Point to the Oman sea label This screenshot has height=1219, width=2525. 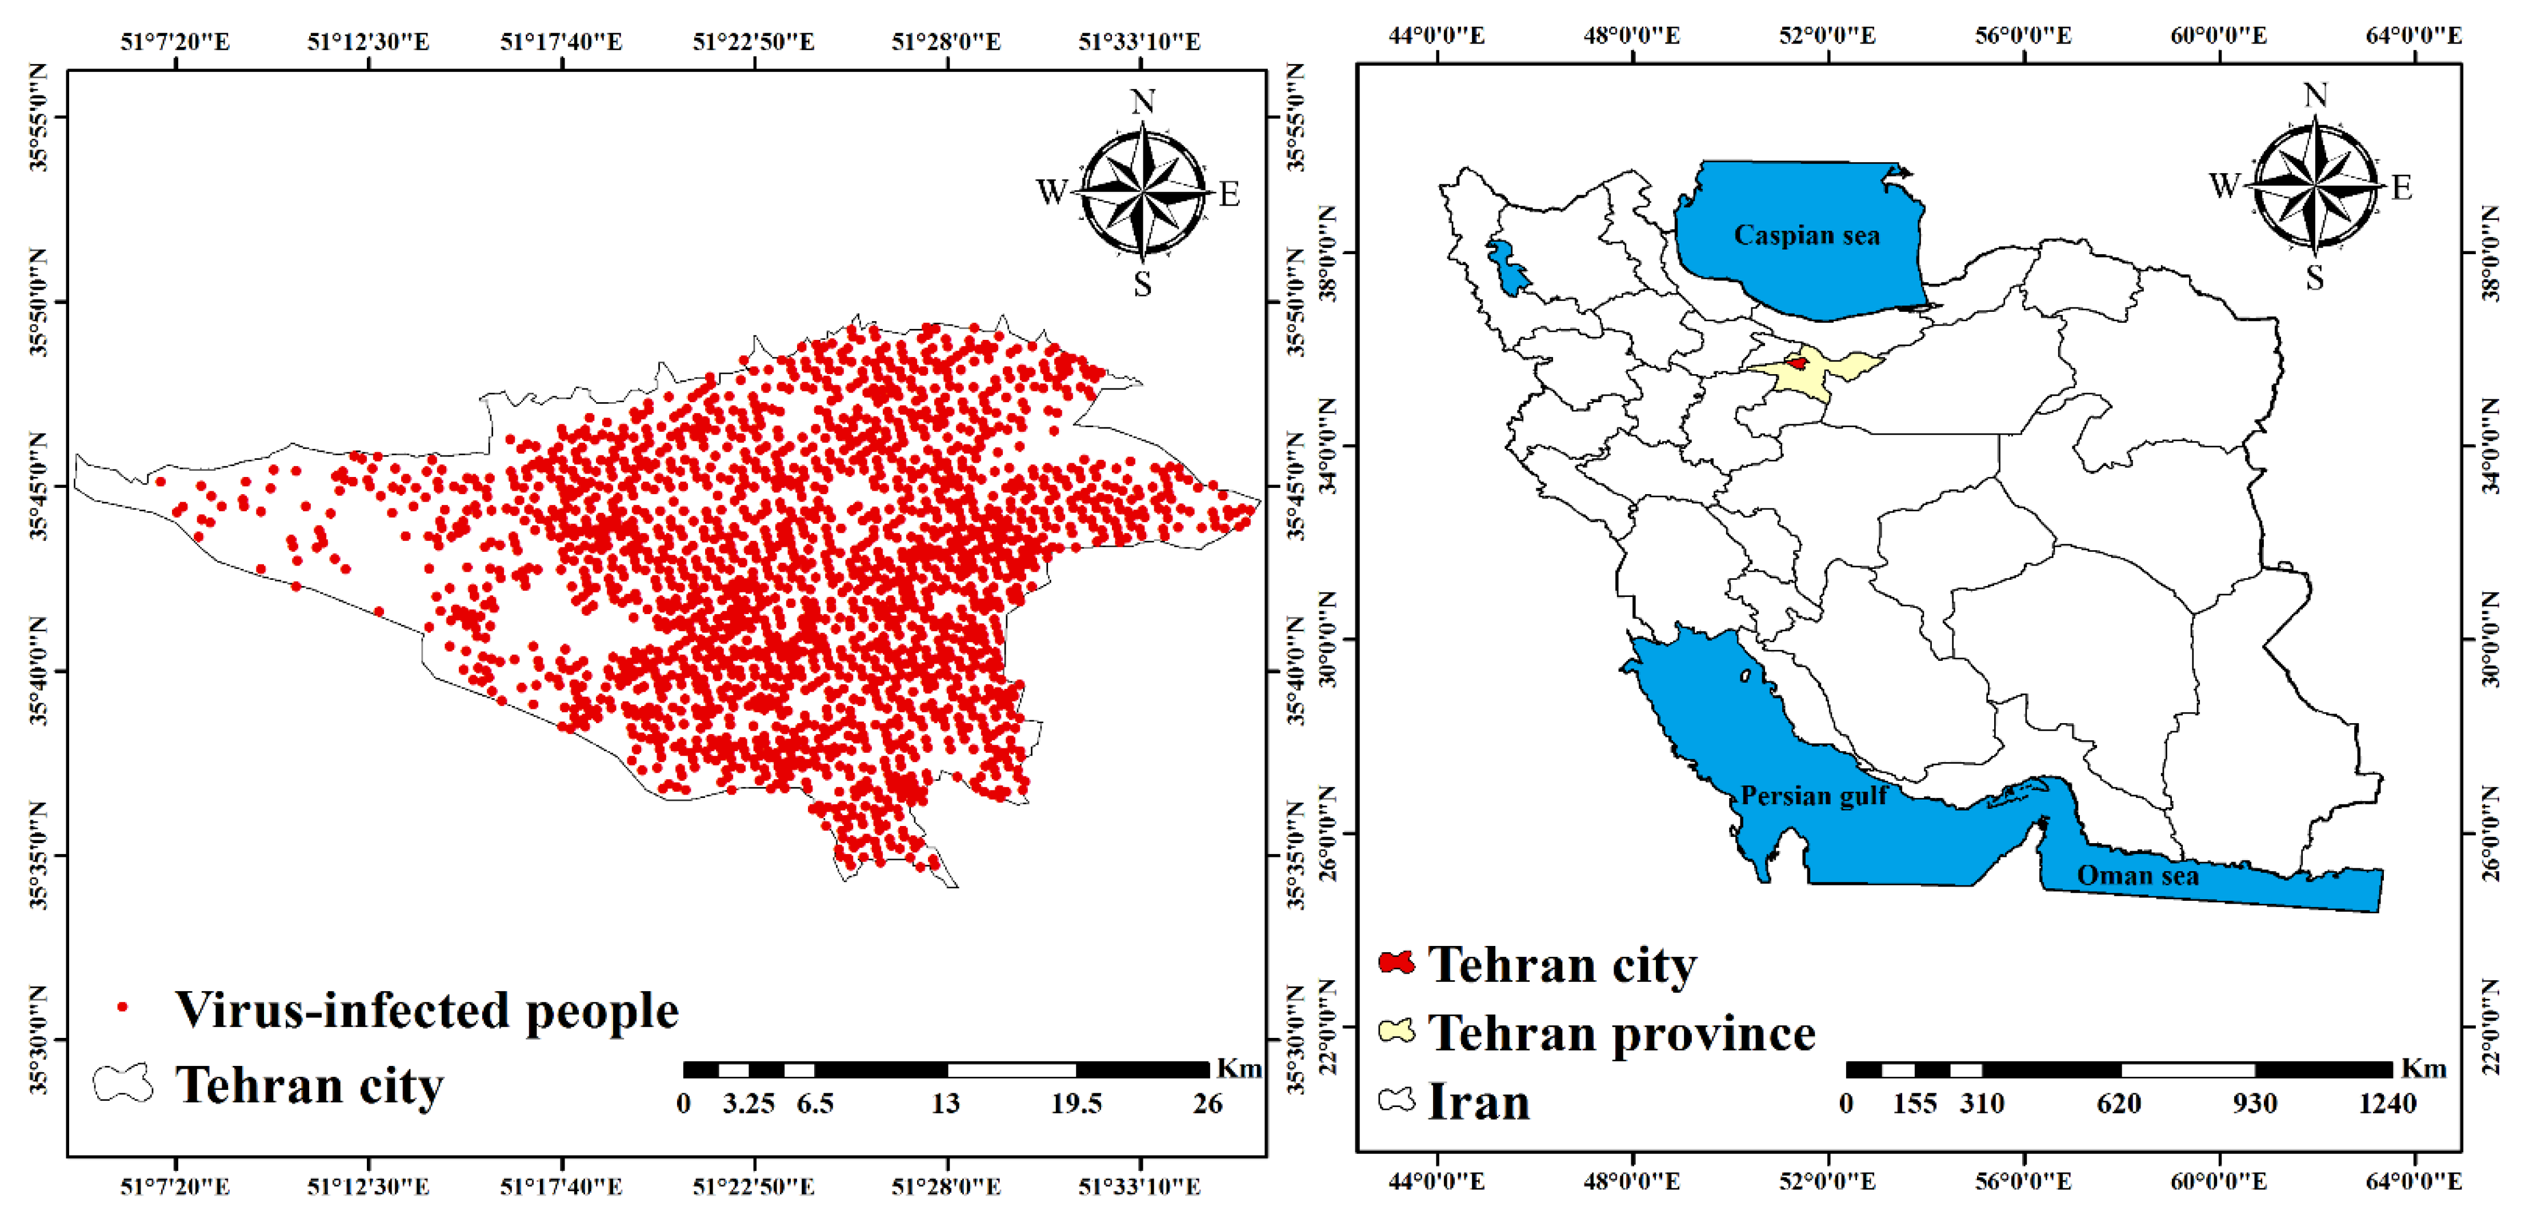pos(2137,875)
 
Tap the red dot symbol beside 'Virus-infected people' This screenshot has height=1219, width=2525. pos(122,1007)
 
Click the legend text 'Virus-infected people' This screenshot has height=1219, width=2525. pos(426,1011)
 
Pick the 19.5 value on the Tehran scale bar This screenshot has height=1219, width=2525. pos(1077,1104)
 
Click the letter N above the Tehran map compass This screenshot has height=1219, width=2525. pos(1142,102)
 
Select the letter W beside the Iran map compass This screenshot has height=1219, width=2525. pos(2224,185)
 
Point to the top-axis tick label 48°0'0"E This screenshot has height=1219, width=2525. pos(1631,35)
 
